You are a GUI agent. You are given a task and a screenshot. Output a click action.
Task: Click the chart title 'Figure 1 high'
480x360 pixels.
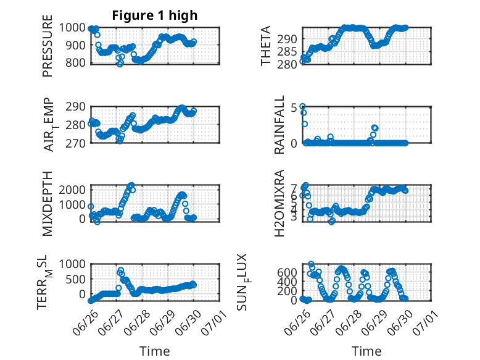click(155, 15)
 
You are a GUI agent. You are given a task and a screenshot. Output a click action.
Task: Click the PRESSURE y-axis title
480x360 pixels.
click(48, 46)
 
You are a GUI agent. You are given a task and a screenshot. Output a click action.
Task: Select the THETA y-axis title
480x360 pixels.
click(266, 46)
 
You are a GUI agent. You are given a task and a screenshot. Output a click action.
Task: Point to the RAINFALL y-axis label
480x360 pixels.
click(279, 125)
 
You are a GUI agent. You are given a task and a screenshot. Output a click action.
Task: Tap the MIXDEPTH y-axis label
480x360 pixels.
click(48, 204)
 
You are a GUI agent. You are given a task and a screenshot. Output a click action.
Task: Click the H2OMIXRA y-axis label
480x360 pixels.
click(279, 203)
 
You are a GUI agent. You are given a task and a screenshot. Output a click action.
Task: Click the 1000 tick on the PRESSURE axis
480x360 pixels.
click(72, 28)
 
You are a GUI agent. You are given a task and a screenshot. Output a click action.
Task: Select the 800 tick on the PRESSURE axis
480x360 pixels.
click(75, 63)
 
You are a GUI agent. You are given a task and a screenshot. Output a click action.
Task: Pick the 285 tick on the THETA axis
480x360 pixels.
click(287, 52)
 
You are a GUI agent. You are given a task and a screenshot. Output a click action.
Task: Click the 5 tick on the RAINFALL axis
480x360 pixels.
click(294, 107)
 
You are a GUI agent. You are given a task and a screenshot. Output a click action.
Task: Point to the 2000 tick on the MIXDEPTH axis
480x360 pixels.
click(72, 190)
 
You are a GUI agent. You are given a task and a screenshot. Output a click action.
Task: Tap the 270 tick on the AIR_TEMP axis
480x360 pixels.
click(75, 143)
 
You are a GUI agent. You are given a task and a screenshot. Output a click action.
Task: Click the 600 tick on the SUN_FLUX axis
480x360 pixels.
click(287, 272)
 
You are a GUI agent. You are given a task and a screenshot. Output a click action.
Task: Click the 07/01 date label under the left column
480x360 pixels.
click(213, 322)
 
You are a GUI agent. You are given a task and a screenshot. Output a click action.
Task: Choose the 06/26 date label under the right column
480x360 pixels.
click(297, 322)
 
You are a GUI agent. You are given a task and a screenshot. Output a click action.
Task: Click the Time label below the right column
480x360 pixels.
click(366, 351)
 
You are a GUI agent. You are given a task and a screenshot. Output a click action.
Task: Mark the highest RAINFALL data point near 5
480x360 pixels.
click(302, 107)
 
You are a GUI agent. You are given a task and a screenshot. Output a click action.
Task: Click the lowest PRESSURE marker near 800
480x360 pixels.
click(120, 64)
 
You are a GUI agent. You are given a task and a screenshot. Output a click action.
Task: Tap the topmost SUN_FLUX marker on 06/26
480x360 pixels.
click(311, 264)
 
